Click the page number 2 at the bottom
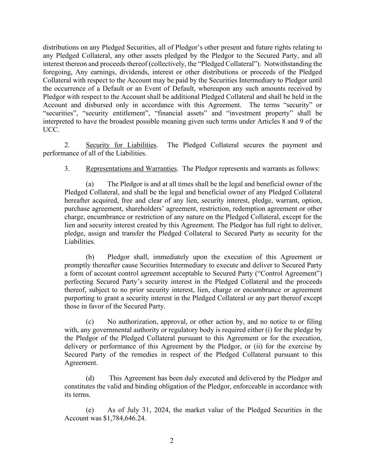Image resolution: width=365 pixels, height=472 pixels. [x=172, y=441]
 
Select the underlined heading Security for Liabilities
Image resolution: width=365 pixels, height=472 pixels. [x=121, y=145]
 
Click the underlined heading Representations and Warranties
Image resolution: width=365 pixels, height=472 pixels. [x=131, y=169]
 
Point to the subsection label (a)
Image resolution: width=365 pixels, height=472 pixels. [x=90, y=184]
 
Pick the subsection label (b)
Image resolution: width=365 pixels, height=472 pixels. [x=90, y=257]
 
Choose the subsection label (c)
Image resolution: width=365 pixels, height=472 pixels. [x=90, y=322]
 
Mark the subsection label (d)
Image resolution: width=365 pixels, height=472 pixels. [x=90, y=378]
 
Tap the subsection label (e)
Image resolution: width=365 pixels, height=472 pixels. [x=90, y=410]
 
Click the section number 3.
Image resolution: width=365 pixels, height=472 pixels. [x=67, y=169]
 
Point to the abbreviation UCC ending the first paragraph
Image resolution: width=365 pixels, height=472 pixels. [x=50, y=130]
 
